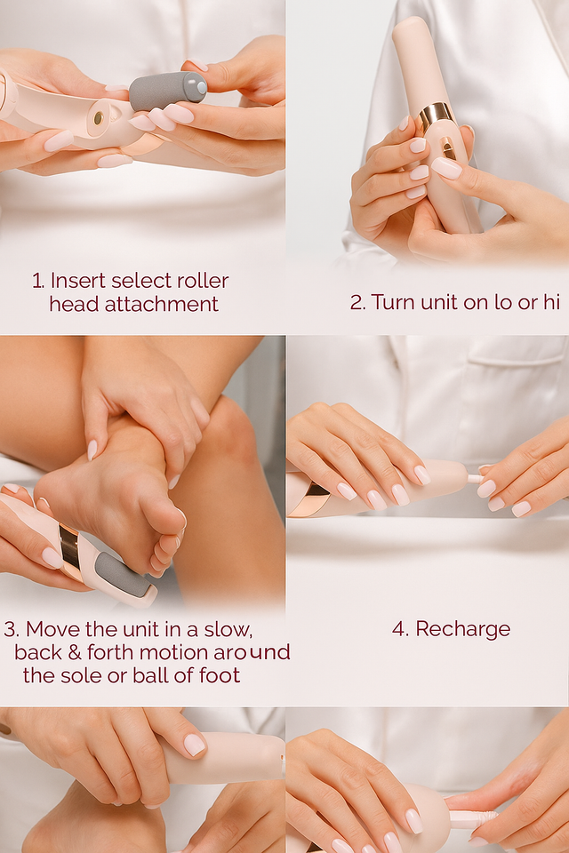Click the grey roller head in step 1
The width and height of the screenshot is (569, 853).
tap(168, 92)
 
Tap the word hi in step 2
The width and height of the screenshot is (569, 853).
tap(551, 302)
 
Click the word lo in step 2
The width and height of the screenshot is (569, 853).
tap(504, 302)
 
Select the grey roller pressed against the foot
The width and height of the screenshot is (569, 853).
tap(121, 576)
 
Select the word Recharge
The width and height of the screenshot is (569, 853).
tap(463, 629)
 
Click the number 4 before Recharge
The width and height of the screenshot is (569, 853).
tap(399, 629)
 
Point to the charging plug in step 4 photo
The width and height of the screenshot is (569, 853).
tap(475, 479)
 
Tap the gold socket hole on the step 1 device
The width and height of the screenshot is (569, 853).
tap(99, 117)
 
